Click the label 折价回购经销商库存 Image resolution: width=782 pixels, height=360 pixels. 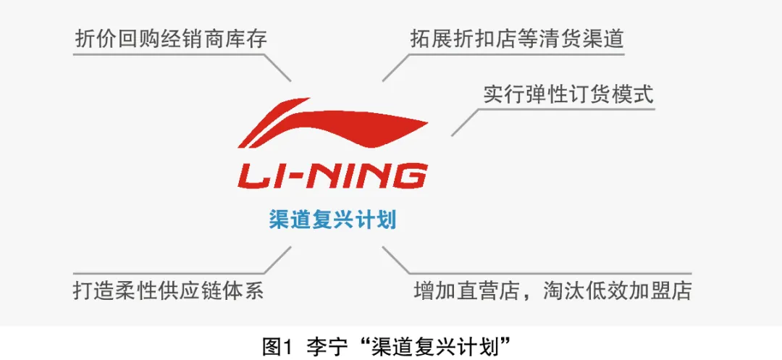coord(171,38)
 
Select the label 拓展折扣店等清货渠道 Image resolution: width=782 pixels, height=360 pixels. coord(516,38)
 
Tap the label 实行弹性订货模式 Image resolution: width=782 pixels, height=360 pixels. coord(568,95)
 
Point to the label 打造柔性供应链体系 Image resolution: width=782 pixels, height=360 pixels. coord(168,290)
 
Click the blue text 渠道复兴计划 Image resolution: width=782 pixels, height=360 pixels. coord(332,219)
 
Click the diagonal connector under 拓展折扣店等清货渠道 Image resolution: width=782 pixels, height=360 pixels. coord(396,67)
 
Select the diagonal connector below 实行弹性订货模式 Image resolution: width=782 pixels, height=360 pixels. coord(465,122)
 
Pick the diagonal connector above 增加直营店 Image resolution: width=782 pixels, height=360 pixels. coord(396,259)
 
